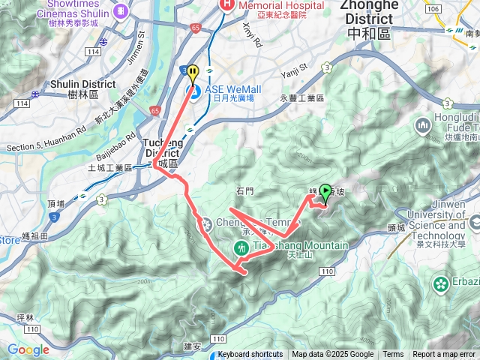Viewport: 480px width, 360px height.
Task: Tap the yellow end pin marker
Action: (x=193, y=74)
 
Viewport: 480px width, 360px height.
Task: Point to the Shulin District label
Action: (x=82, y=85)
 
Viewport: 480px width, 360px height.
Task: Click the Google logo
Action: (x=28, y=349)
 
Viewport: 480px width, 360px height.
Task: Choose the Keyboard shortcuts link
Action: (x=250, y=355)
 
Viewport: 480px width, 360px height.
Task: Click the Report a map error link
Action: (x=444, y=355)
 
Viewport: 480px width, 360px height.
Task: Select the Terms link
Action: (x=393, y=355)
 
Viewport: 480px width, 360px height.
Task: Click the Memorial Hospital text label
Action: (x=281, y=5)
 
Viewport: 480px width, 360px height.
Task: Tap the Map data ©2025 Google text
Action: (x=332, y=355)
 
